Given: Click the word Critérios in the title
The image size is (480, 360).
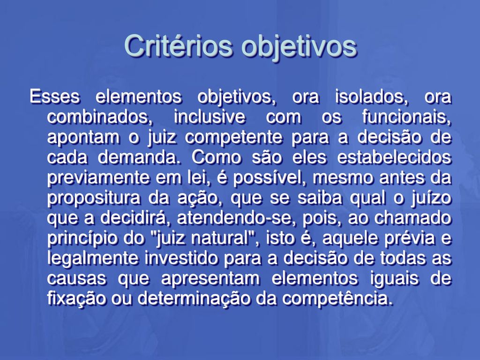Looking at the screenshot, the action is coord(178,46).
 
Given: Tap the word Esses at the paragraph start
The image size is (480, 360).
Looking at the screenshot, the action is coord(55,97).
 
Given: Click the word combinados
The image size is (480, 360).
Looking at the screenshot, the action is coord(100,117).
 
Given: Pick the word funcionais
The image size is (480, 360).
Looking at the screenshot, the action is coord(407,117).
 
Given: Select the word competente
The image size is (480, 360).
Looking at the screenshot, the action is coord(233,138).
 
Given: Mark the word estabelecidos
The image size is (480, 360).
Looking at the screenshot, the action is coord(394,157).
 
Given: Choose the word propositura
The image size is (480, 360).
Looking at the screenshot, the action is coord(94,199).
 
